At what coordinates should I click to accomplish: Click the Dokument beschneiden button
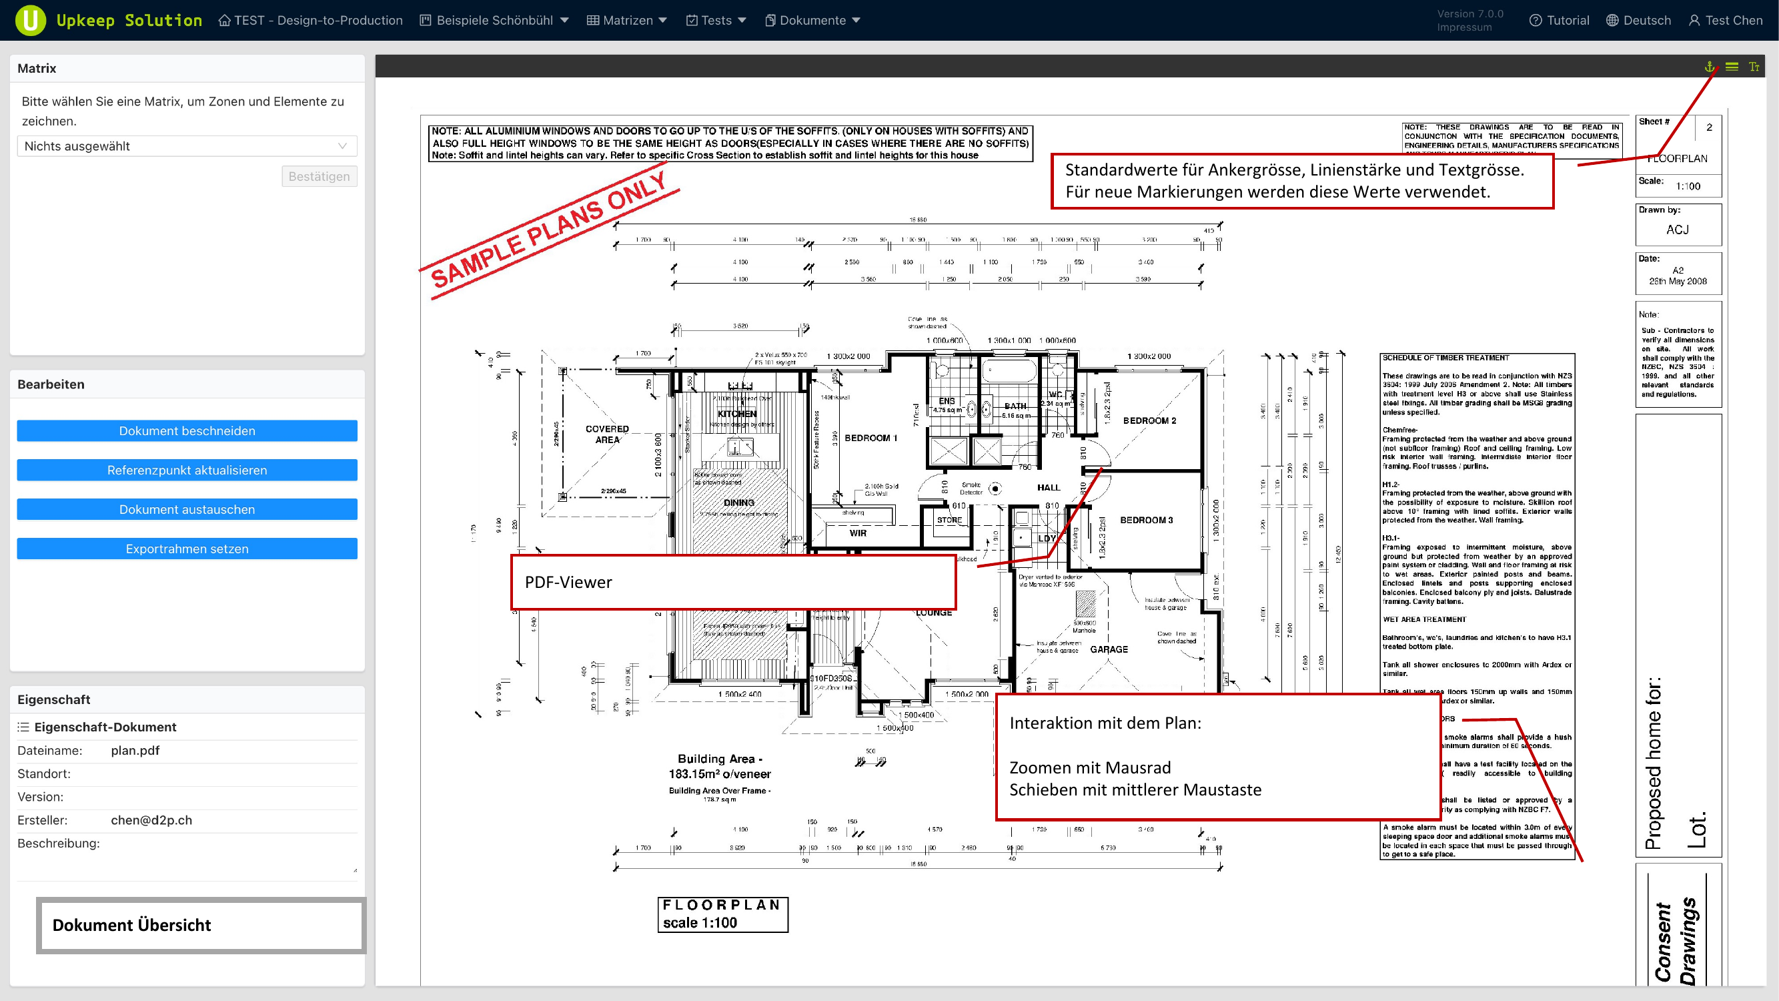[x=187, y=430]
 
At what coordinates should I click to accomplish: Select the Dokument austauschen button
[x=187, y=509]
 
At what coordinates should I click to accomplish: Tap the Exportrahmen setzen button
[x=187, y=549]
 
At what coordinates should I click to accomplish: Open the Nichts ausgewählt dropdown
[x=187, y=145]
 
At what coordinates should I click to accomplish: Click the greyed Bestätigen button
[x=319, y=176]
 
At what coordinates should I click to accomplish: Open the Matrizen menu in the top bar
[x=627, y=20]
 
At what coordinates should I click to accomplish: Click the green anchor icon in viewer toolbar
[x=1710, y=66]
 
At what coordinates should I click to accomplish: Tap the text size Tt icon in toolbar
[x=1754, y=66]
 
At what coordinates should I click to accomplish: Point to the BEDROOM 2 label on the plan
[x=1149, y=420]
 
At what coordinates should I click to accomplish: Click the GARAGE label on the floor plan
[x=1109, y=649]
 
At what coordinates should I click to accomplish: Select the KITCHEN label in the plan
[x=737, y=413]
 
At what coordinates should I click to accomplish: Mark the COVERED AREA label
[x=607, y=434]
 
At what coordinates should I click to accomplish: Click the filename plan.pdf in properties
[x=135, y=750]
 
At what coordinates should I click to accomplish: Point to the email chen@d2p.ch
[x=151, y=820]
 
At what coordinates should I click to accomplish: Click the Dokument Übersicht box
[x=200, y=925]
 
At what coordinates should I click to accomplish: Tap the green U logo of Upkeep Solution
[x=31, y=20]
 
